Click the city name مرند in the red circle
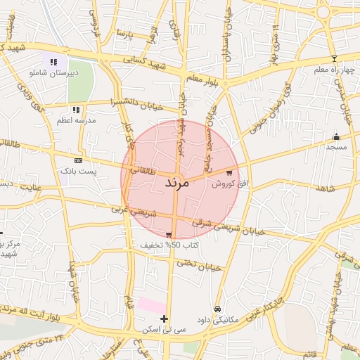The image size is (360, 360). click(x=167, y=183)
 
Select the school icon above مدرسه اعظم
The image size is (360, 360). click(x=76, y=110)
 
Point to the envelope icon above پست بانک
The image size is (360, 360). click(x=77, y=160)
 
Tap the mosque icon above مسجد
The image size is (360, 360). click(x=336, y=137)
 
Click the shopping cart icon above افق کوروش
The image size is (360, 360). click(x=230, y=172)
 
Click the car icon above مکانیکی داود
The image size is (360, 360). click(x=218, y=309)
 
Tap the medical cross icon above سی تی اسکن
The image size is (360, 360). click(x=164, y=319)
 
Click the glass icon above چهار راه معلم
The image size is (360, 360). click(x=334, y=59)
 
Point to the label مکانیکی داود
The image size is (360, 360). click(x=218, y=319)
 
